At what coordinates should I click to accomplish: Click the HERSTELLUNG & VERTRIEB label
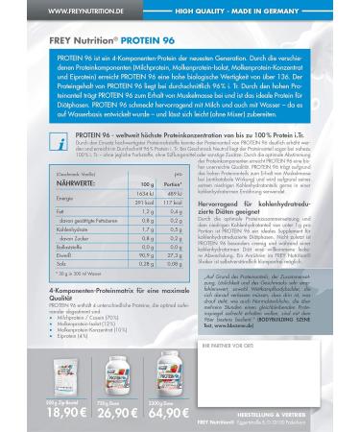pos(293,409)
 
